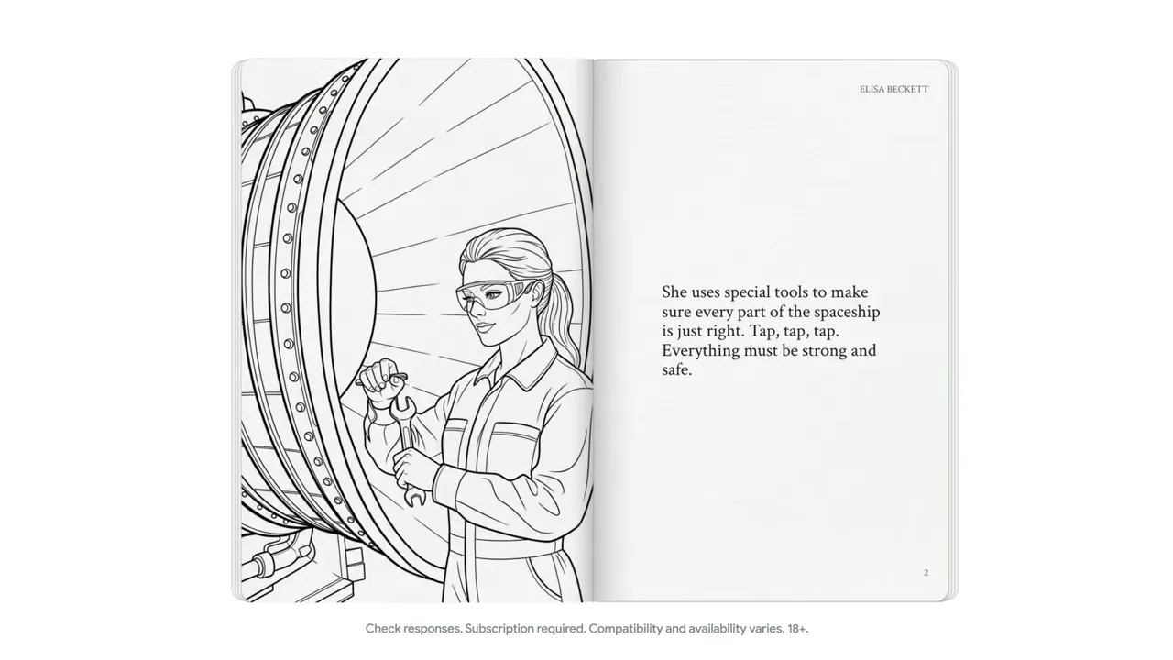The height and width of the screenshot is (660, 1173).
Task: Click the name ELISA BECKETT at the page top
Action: tap(893, 90)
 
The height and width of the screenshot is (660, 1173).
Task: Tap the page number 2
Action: tap(926, 573)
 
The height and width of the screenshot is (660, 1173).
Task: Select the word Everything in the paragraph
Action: tap(701, 350)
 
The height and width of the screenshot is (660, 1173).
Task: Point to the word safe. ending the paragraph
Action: tap(676, 369)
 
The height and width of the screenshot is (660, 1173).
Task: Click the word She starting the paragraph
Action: tap(674, 291)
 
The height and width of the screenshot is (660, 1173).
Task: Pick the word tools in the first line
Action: tap(791, 291)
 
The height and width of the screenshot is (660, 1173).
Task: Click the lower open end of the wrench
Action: tap(415, 498)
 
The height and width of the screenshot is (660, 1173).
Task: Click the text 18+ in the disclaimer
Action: tap(797, 629)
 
